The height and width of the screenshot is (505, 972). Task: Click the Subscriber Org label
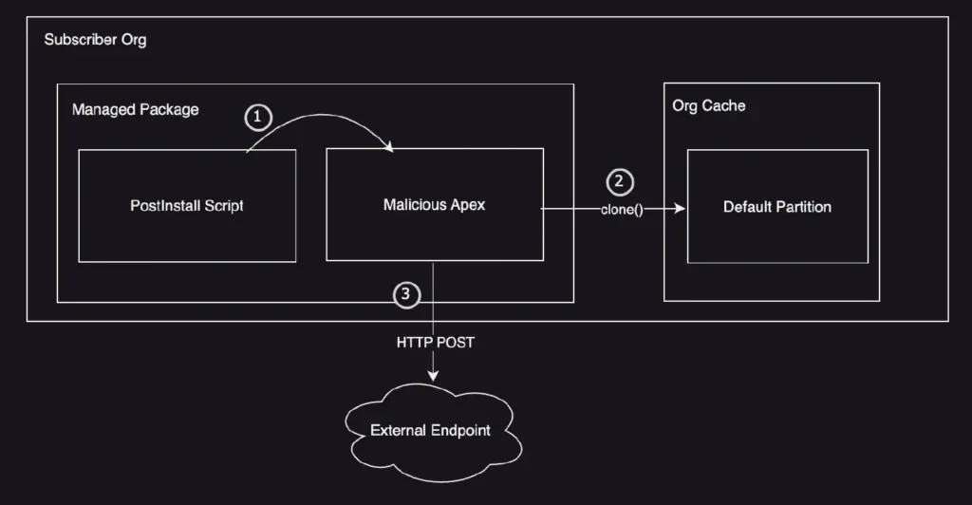click(x=95, y=41)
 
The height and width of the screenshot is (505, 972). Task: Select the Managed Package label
click(x=135, y=109)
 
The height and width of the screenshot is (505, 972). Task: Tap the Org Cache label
click(x=708, y=105)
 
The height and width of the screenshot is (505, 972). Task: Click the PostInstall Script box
click(x=186, y=205)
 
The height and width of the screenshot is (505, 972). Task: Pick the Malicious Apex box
click(x=434, y=204)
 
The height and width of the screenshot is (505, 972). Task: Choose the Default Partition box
click(x=777, y=206)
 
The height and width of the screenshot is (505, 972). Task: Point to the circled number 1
click(x=258, y=118)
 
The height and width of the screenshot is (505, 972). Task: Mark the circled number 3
click(x=406, y=295)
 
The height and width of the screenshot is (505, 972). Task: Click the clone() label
click(x=622, y=208)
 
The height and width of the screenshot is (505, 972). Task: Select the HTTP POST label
click(x=435, y=342)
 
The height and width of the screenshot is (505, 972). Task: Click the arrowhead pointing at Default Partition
click(x=680, y=206)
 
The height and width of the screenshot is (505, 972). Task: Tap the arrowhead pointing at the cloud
click(x=434, y=376)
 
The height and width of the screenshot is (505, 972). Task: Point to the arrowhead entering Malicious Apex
click(x=390, y=144)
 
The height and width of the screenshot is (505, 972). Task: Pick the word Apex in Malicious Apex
click(x=465, y=204)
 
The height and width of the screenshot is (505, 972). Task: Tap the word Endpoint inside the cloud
click(x=460, y=430)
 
